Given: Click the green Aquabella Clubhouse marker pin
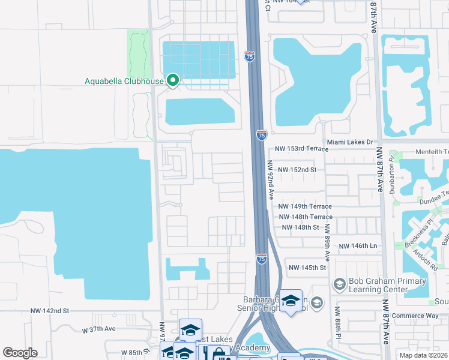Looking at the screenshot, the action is coord(173,80).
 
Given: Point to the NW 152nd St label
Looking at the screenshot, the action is coord(297,170).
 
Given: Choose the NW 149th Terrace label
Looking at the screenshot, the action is coord(305,206).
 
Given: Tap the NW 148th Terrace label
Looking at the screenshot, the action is coord(305,217).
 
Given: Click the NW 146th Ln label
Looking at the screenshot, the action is coord(358,247).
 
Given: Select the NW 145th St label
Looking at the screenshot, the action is coord(307,268).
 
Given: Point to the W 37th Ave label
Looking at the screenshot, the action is coord(98,329).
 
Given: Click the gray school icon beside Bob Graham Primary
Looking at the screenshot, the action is coord(339,283).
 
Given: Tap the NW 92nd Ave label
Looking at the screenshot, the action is coord(271,180).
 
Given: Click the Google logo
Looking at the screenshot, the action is coord(20,353).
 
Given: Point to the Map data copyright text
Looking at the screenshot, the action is coord(423,355).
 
